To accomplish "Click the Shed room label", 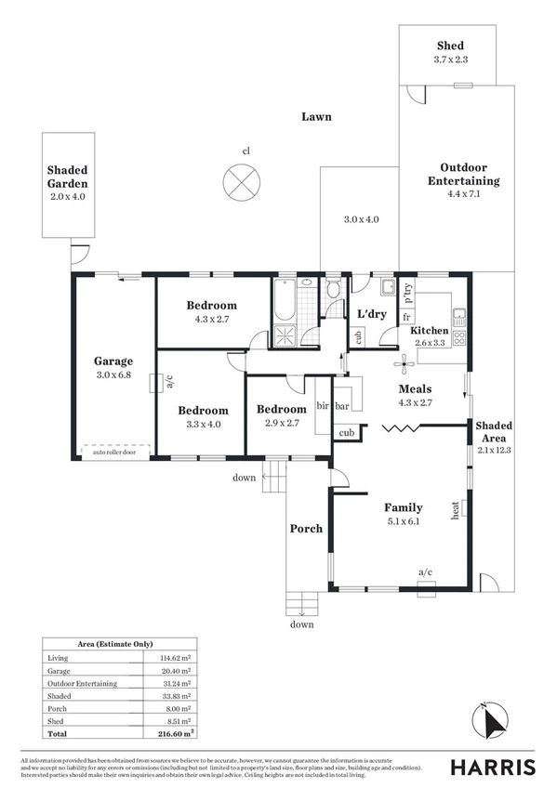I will pyautogui.click(x=450, y=46).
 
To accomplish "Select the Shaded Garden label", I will pyautogui.click(x=67, y=177).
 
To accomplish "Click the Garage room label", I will pyautogui.click(x=113, y=361).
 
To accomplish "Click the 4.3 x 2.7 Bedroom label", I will pyautogui.click(x=211, y=306).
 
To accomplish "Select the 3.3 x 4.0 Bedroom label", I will pyautogui.click(x=203, y=411).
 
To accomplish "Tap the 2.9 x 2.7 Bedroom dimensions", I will pyautogui.click(x=281, y=423).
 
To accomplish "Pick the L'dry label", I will pyautogui.click(x=372, y=314).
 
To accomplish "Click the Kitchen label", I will pyautogui.click(x=430, y=331).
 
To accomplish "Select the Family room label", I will pyautogui.click(x=404, y=507).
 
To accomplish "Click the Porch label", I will pyautogui.click(x=306, y=529).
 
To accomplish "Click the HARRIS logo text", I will pyautogui.click(x=492, y=768).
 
